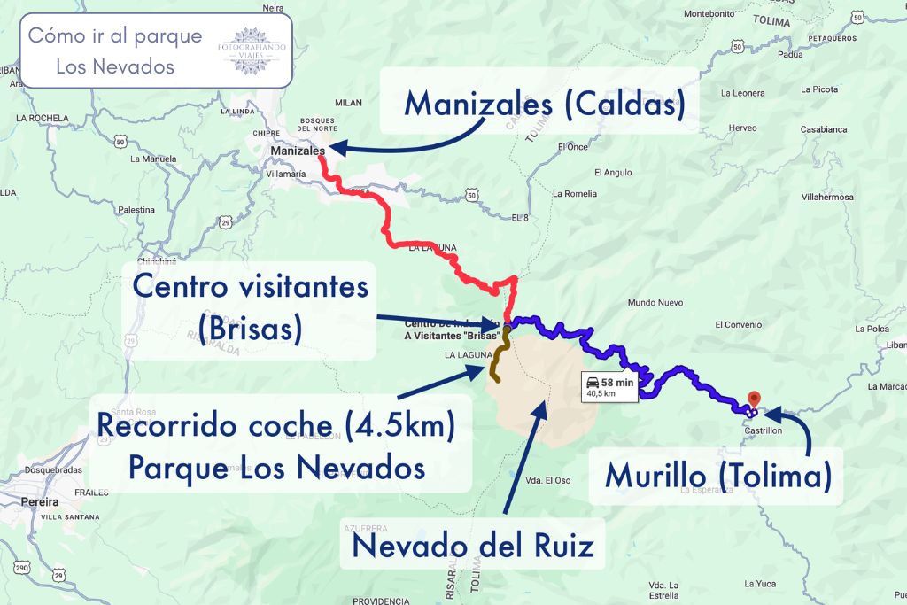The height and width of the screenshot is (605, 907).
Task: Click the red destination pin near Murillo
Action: tap(755, 399)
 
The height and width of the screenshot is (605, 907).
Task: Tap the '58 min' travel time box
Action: tap(609, 386)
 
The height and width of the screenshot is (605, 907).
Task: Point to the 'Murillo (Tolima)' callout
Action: tap(717, 477)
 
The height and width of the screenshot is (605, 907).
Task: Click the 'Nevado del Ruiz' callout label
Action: tap(472, 544)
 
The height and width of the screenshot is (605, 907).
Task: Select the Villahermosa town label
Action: tap(827, 197)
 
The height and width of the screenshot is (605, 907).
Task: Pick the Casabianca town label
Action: tap(824, 129)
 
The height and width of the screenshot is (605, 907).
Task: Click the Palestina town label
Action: tap(136, 210)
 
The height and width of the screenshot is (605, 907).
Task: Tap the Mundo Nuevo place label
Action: tap(655, 303)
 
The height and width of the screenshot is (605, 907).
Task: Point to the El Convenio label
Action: tap(738, 325)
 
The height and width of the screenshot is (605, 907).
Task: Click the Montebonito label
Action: tap(709, 13)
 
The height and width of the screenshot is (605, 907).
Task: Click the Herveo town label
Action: tap(742, 128)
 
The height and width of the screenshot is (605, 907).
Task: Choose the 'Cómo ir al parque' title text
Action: tap(115, 36)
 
